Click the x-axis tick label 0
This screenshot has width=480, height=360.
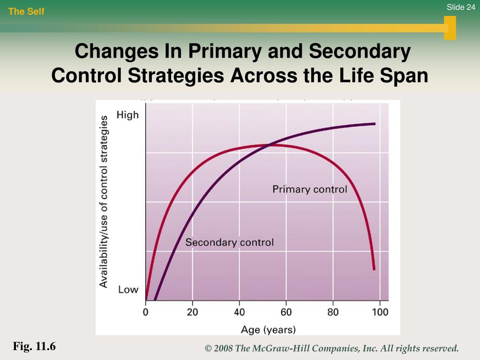coord(146,312)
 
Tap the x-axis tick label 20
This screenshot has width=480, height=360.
coord(192,312)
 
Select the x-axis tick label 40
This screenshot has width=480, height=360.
coord(239,312)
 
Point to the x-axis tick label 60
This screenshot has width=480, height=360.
coord(286,312)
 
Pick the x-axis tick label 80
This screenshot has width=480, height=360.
coord(333,312)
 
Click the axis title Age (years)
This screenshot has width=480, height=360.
coord(268,330)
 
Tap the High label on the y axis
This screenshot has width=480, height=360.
coord(127,115)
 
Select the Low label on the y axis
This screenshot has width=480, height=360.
coord(128,289)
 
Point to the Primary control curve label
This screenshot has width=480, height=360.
coord(310,189)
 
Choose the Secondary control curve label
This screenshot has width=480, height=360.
coord(229,242)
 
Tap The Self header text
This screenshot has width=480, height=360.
coord(26,12)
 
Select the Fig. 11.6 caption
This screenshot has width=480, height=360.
coord(34,347)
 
